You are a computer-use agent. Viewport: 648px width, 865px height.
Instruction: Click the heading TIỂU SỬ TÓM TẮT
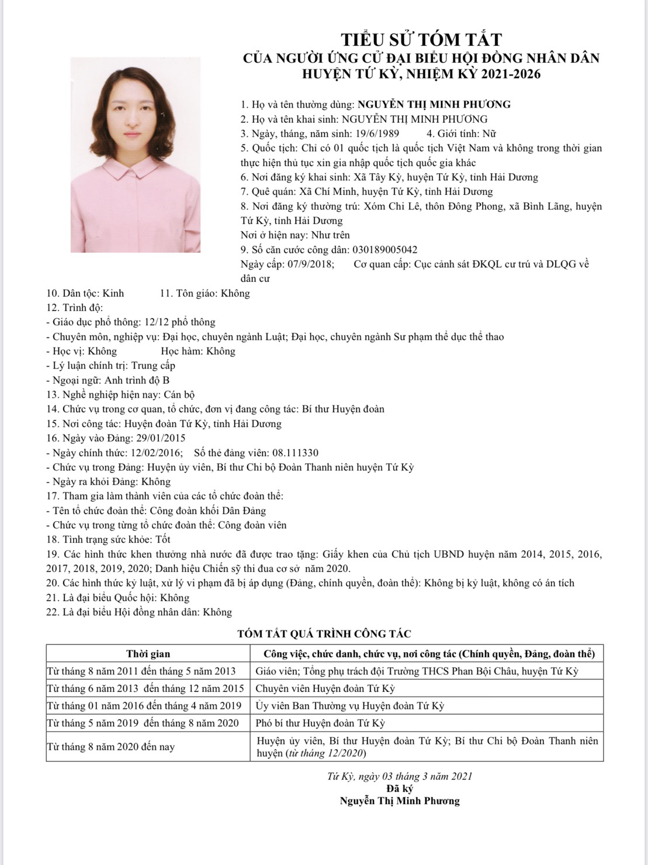pyautogui.click(x=421, y=39)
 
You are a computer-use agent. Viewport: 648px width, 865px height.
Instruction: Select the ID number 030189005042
pyautogui.click(x=384, y=249)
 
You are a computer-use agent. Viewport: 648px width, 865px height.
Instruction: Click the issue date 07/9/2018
pyautogui.click(x=310, y=264)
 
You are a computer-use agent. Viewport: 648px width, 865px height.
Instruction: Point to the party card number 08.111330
pyautogui.click(x=289, y=453)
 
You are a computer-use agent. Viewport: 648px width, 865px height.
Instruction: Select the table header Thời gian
pyautogui.click(x=148, y=653)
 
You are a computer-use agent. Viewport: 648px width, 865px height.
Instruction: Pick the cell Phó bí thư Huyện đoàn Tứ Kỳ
pyautogui.click(x=321, y=723)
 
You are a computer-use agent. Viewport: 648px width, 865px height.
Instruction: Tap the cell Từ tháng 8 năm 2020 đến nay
pyautogui.click(x=110, y=747)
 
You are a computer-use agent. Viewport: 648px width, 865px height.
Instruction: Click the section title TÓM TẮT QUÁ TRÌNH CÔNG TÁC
pyautogui.click(x=324, y=633)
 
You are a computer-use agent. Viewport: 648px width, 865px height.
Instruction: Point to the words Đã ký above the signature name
pyautogui.click(x=400, y=788)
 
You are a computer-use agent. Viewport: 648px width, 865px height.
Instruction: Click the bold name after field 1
pyautogui.click(x=434, y=105)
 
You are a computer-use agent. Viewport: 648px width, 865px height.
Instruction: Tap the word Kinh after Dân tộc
pyautogui.click(x=113, y=293)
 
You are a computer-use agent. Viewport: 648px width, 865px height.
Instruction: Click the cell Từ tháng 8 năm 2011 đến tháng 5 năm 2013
pyautogui.click(x=141, y=671)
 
